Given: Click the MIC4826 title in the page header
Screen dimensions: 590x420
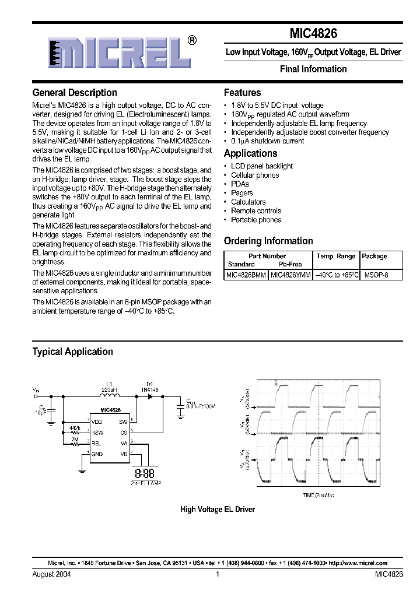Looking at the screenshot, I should pyautogui.click(x=313, y=34).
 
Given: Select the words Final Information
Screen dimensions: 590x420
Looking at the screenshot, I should pyautogui.click(x=313, y=69).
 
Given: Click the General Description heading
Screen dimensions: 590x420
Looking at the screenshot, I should pyautogui.click(x=75, y=93).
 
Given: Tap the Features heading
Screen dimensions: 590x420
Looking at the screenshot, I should pyautogui.click(x=242, y=93).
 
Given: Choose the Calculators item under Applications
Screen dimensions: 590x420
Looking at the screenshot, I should pyautogui.click(x=248, y=202).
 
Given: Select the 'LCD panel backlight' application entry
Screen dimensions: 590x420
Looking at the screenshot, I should pyautogui.click(x=261, y=166).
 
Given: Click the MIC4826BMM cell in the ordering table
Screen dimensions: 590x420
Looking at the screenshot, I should pyautogui.click(x=246, y=273).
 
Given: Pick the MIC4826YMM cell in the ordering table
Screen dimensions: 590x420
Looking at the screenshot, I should pyautogui.click(x=290, y=273).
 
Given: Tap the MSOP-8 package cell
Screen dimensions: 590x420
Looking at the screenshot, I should pyautogui.click(x=375, y=273).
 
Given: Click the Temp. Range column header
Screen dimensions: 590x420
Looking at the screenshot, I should pyautogui.click(x=335, y=256).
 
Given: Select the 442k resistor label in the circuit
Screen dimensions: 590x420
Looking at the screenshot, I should pyautogui.click(x=75, y=428).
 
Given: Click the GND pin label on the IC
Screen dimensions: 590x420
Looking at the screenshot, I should pyautogui.click(x=97, y=453).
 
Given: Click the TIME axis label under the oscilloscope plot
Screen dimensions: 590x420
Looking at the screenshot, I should pyautogui.click(x=318, y=495).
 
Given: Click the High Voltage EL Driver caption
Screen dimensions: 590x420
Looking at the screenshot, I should pyautogui.click(x=218, y=509).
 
